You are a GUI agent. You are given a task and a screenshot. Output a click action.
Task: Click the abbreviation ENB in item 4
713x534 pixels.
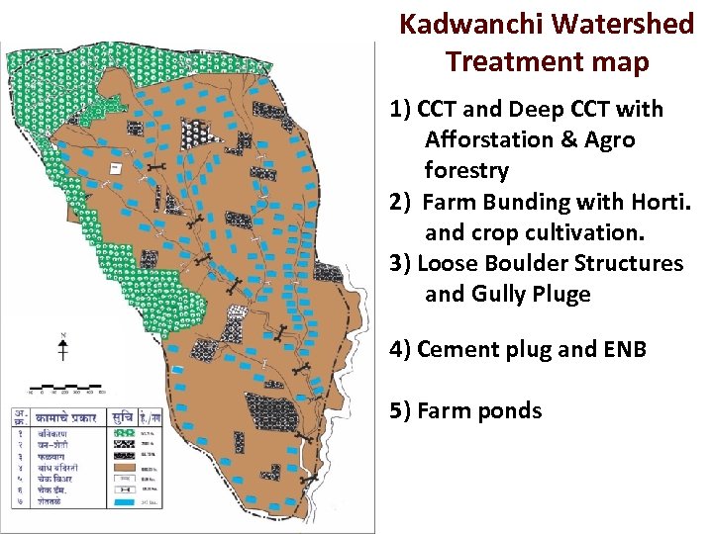tap(625, 349)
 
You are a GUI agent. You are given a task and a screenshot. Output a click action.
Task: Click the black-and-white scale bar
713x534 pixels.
tap(64, 384)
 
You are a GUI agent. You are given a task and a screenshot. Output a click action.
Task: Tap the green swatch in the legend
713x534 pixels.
tap(125, 433)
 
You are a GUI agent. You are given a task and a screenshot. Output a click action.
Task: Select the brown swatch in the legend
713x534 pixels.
tap(125, 467)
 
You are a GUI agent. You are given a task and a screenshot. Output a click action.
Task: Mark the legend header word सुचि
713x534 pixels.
tap(124, 416)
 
